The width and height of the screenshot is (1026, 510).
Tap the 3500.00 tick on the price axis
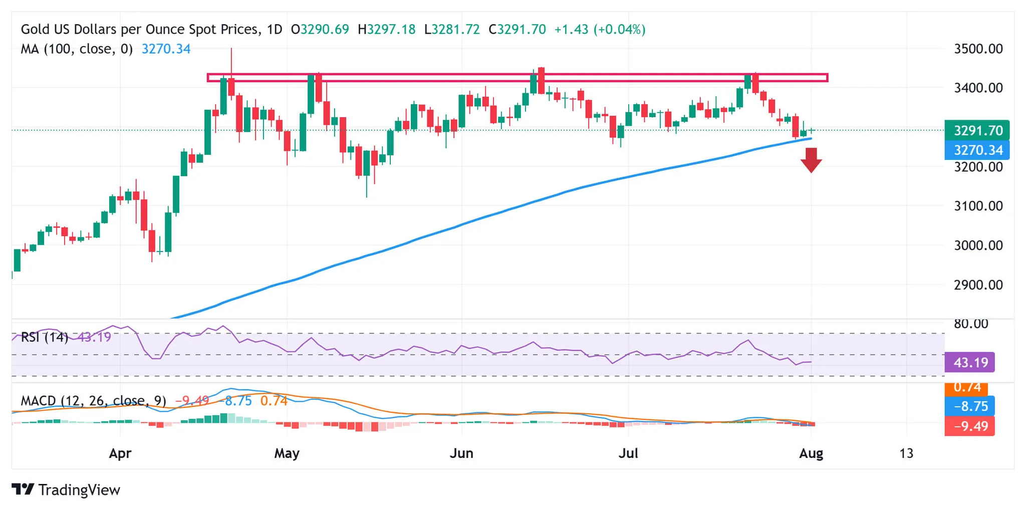pyautogui.click(x=978, y=49)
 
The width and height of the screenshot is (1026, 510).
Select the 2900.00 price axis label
pyautogui.click(x=978, y=285)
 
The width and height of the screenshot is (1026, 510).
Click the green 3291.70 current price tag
pyautogui.click(x=977, y=131)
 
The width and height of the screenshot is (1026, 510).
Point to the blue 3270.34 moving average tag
pyautogui.click(x=977, y=150)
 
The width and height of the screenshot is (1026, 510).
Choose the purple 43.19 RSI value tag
pyautogui.click(x=969, y=362)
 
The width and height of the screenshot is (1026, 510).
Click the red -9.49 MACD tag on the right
pyautogui.click(x=969, y=426)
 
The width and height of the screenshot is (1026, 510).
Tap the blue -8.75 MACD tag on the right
pyautogui.click(x=969, y=406)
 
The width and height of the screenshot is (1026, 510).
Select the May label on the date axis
pyautogui.click(x=287, y=453)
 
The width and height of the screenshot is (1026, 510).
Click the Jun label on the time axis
pyautogui.click(x=461, y=453)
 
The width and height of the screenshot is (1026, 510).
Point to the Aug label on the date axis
pyautogui.click(x=811, y=453)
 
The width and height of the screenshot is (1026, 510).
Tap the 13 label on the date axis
pyautogui.click(x=906, y=453)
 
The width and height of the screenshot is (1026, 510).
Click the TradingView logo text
pyautogui.click(x=79, y=489)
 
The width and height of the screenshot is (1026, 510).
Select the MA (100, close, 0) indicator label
pyautogui.click(x=77, y=49)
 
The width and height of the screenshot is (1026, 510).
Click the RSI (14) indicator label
pyautogui.click(x=44, y=337)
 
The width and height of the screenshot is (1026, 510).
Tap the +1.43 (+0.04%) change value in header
pyautogui.click(x=600, y=30)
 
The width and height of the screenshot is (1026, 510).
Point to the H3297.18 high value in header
pyautogui.click(x=386, y=30)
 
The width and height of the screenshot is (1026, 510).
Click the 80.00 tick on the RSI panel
pyautogui.click(x=970, y=324)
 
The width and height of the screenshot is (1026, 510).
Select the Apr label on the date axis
pyautogui.click(x=120, y=453)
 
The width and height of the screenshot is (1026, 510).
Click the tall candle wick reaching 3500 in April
pyautogui.click(x=231, y=60)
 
